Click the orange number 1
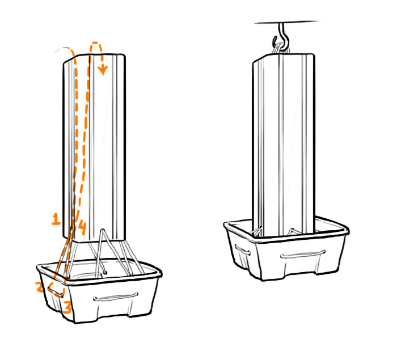[x=56, y=219]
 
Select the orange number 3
[x=67, y=308]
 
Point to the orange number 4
[x=82, y=228]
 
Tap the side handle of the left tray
[x=56, y=291]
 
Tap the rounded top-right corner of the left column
[x=123, y=57]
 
